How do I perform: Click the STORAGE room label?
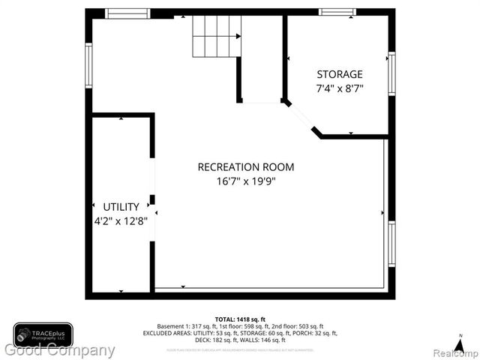(x=339, y=74)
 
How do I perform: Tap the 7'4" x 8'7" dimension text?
(x=339, y=88)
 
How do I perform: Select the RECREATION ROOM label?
(x=246, y=167)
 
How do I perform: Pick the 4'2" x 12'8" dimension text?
(x=121, y=220)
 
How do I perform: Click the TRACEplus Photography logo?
(x=43, y=334)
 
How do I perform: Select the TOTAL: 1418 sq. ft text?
(x=240, y=319)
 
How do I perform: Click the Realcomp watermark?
(x=454, y=352)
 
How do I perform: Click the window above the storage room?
(x=337, y=12)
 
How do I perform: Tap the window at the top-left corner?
(x=127, y=13)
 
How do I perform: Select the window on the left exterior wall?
(x=88, y=65)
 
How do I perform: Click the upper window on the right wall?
(x=391, y=73)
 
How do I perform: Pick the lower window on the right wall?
(x=391, y=243)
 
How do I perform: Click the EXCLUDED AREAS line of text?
(x=240, y=333)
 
